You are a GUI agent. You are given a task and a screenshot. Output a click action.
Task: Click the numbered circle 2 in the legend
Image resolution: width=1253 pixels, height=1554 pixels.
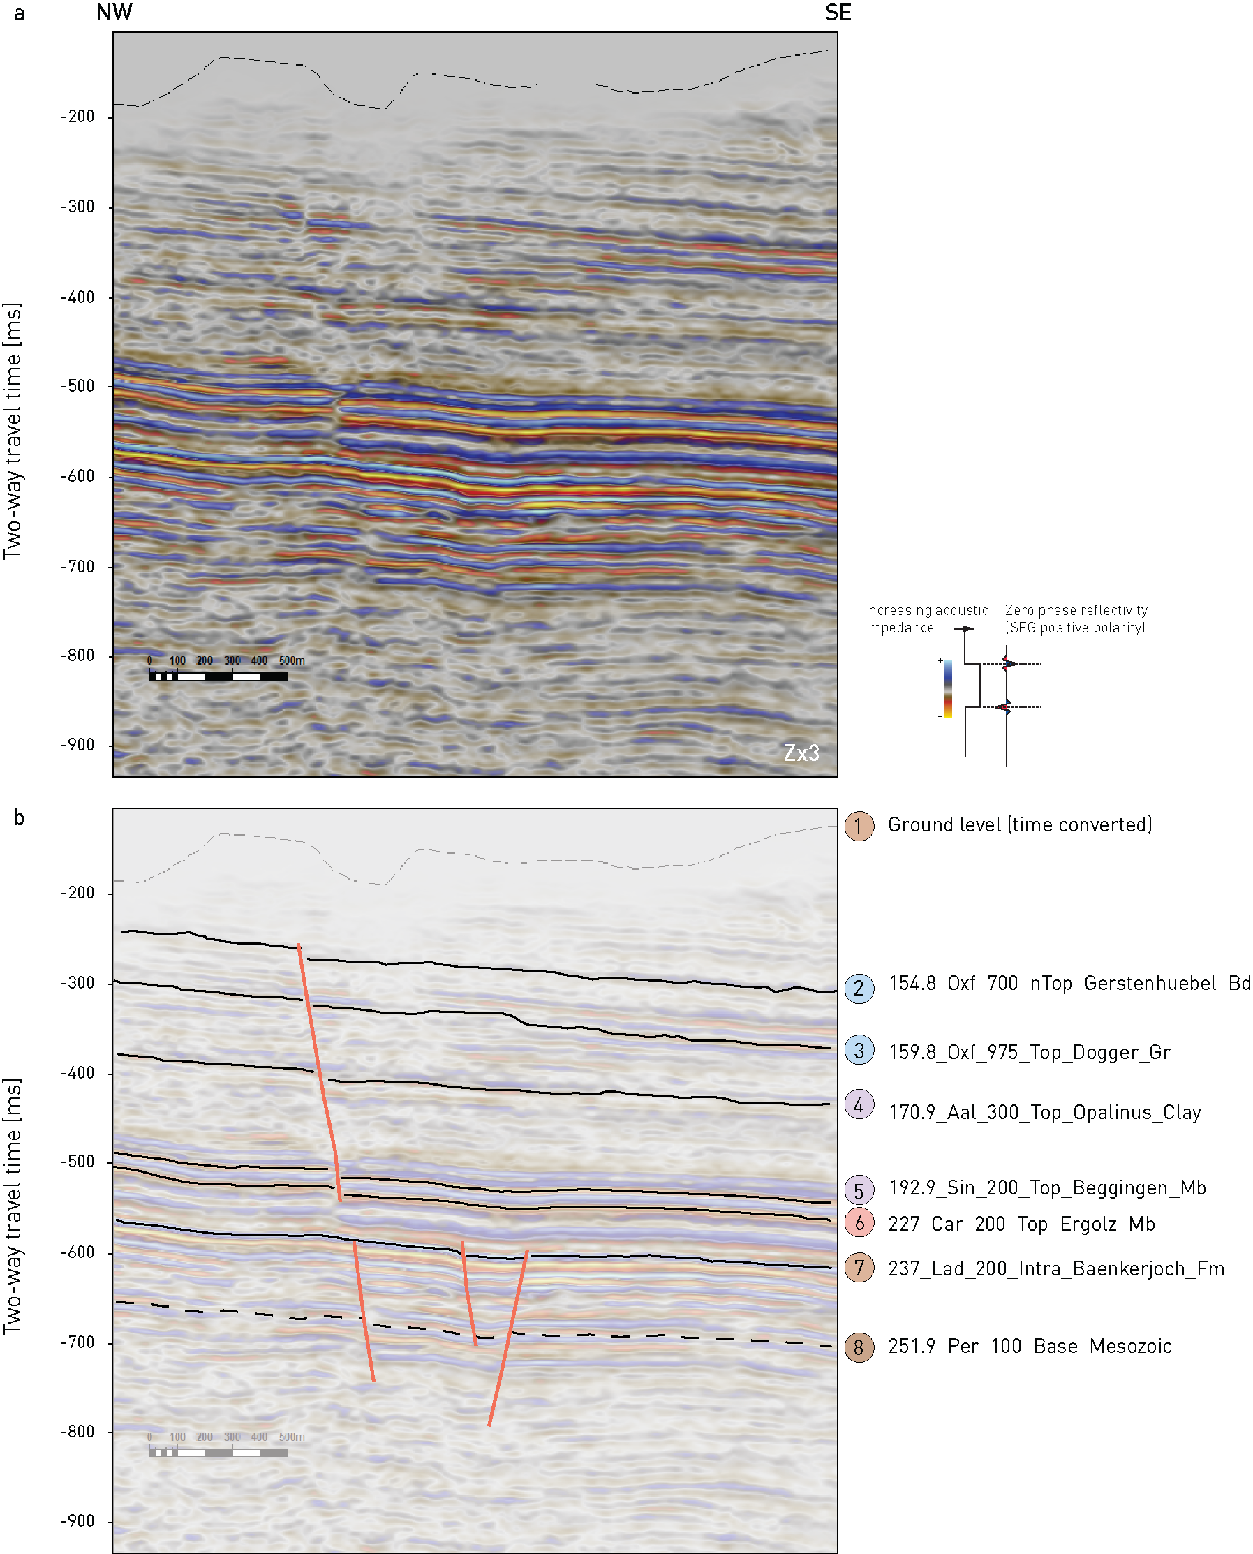point(859,988)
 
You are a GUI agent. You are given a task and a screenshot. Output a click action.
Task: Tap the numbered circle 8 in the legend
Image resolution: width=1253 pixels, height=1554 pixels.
point(859,1347)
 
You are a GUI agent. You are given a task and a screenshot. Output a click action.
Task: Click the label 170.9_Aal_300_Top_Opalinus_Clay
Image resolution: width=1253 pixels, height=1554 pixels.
point(1044,1112)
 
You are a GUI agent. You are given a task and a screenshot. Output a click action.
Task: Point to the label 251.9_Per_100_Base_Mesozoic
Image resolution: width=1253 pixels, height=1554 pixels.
point(1030,1346)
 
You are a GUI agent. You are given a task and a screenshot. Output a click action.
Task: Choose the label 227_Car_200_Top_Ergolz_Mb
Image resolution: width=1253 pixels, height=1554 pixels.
point(1021,1224)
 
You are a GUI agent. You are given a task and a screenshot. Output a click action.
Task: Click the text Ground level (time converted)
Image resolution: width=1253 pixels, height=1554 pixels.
point(1020,825)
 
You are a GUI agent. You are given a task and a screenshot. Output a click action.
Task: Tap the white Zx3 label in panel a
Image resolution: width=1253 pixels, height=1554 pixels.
point(801,753)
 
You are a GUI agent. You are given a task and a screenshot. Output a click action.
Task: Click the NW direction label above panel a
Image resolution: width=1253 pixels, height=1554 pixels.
point(114,13)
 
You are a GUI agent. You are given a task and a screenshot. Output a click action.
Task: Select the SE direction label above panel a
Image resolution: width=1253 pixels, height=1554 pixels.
point(838,13)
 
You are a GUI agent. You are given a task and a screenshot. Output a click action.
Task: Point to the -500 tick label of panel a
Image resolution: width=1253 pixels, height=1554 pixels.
point(77,386)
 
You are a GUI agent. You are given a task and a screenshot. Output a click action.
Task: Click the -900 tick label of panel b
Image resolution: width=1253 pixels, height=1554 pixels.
point(77,1521)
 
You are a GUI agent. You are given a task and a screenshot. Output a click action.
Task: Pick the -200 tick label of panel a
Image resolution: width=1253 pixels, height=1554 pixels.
point(77,117)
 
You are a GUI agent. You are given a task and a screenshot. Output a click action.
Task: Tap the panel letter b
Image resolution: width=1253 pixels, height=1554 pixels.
point(20,817)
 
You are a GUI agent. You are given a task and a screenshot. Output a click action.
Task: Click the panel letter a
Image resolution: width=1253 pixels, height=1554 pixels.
point(20,14)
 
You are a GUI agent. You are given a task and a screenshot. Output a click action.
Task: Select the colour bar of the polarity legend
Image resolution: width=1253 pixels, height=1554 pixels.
point(948,689)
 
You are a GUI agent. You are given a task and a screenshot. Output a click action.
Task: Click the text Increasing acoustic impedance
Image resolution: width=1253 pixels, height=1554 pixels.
point(926,619)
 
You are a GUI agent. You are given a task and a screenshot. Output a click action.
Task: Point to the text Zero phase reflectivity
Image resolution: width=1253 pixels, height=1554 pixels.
point(1076,611)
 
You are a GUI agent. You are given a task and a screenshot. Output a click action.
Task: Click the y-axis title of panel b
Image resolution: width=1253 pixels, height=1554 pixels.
point(13,1206)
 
